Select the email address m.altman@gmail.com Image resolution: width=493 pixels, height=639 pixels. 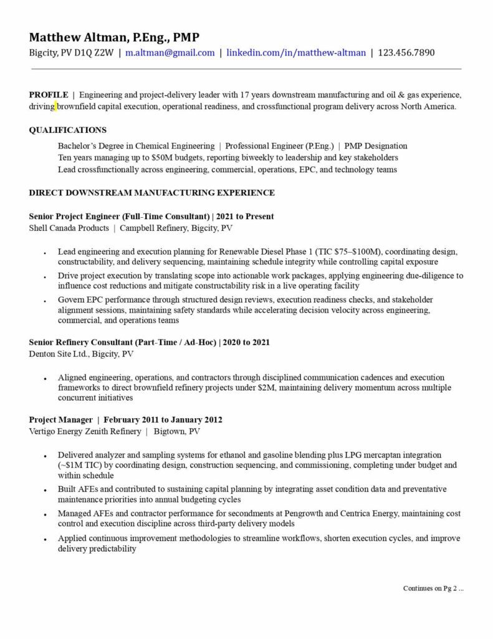click(170, 53)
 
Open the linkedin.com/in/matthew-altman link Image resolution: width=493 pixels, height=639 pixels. click(295, 53)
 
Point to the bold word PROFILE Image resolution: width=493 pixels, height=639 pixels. click(49, 95)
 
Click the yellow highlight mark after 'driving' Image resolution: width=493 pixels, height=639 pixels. click(56, 107)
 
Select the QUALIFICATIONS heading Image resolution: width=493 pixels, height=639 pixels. click(67, 130)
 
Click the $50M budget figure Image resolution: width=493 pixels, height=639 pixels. click(163, 158)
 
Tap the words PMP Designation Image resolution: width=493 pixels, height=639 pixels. click(376, 146)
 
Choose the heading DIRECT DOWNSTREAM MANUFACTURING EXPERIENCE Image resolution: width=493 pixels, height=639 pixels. click(151, 193)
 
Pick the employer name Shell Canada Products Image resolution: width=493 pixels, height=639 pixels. click(69, 228)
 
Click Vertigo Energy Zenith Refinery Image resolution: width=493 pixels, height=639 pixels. click(85, 432)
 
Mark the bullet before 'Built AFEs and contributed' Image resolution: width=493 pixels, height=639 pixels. click(44, 491)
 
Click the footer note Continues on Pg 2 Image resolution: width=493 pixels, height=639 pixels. click(433, 588)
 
